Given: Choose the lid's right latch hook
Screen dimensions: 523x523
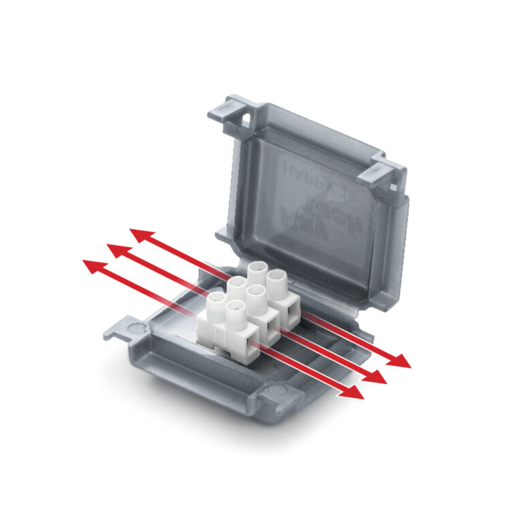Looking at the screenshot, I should coord(394,175).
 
